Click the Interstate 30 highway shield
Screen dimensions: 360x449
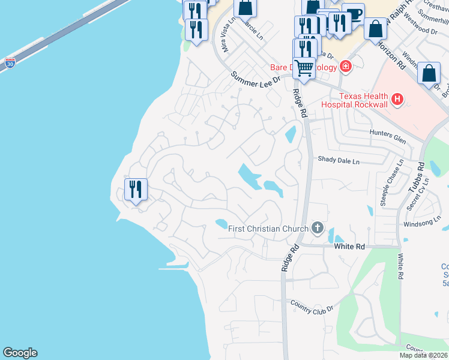[10, 63]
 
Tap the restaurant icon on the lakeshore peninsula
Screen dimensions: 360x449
[135, 190]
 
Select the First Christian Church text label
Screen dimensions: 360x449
[268, 228]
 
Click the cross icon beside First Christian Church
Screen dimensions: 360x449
[318, 228]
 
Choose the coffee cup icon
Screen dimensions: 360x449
[354, 14]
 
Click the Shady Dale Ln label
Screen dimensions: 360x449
[339, 161]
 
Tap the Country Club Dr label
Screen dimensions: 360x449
[311, 307]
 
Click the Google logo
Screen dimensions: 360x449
[20, 353]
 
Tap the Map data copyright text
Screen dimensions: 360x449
[424, 355]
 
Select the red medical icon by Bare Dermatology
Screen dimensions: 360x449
[345, 67]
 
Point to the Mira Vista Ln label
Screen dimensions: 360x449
[227, 35]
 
